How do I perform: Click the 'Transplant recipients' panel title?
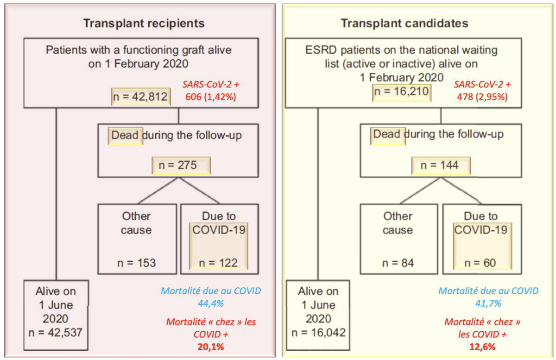point(144,24)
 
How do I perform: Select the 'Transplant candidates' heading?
point(404,24)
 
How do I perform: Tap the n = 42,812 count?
point(140,96)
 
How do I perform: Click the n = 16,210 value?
point(401,91)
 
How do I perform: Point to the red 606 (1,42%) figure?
point(211,97)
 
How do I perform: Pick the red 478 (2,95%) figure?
point(482,97)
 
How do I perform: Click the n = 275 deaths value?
point(178,165)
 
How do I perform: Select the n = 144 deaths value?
point(439,165)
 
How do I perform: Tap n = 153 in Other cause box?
point(137,263)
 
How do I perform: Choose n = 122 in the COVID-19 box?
point(218,263)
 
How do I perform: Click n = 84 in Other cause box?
point(398,263)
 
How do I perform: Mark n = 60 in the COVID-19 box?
point(480,263)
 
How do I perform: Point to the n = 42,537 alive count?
point(55,333)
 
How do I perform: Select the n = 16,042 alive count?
point(318,333)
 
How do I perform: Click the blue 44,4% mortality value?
point(211,303)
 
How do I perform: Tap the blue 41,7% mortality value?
point(488,303)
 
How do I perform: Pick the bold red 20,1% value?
point(211,347)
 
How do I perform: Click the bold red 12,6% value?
point(482,347)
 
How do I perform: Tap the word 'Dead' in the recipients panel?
point(125,135)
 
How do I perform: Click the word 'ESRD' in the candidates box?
point(321,50)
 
